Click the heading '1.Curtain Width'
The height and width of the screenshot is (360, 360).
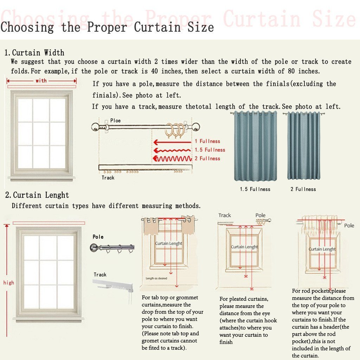pyautogui.click(x=34, y=53)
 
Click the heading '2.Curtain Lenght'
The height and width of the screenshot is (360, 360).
pyautogui.click(x=37, y=195)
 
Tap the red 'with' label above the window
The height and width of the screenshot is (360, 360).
pyautogui.click(x=41, y=81)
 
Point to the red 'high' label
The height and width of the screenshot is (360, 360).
pyautogui.click(x=9, y=283)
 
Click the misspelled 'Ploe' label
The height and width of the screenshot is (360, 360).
pyautogui.click(x=115, y=121)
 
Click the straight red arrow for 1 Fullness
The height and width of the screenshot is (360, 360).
pyautogui.click(x=172, y=142)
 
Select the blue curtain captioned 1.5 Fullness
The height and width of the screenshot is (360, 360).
pyautogui.click(x=255, y=146)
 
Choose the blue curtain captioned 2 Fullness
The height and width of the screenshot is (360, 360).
pyautogui.click(x=303, y=146)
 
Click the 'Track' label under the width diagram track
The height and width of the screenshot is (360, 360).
pyautogui.click(x=108, y=178)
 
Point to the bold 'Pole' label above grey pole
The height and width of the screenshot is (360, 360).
pyautogui.click(x=98, y=237)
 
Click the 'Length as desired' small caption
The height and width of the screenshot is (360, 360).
pyautogui.click(x=156, y=278)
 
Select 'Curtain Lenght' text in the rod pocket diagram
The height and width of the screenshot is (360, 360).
pyautogui.click(x=322, y=249)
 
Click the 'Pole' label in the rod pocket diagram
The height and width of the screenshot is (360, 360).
pyautogui.click(x=349, y=226)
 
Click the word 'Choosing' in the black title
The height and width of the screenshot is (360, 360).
pyautogui.click(x=27, y=27)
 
